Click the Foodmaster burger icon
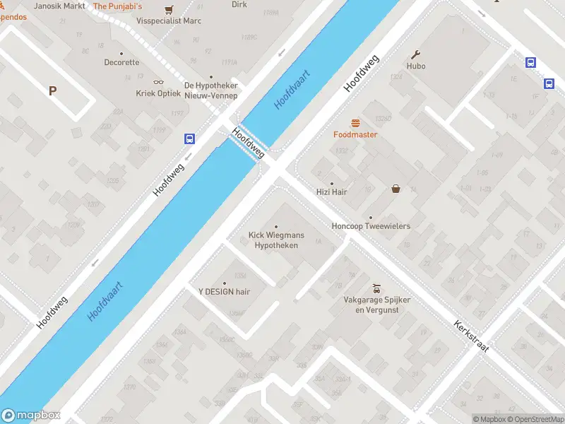point(355,122)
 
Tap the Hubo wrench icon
point(416,54)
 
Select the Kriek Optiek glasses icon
point(158,82)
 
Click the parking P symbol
point(52,90)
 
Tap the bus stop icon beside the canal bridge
point(189,139)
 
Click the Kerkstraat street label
point(472,337)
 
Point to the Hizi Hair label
point(332,192)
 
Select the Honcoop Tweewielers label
point(371,226)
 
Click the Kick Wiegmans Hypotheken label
point(276,240)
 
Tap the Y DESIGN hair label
point(224,291)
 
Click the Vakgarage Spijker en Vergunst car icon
point(376,288)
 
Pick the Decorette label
point(121,62)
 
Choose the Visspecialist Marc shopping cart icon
point(168,10)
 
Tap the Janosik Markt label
point(60,6)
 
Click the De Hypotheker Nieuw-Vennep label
point(210,90)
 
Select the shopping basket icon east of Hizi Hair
point(396,189)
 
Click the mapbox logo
point(31,416)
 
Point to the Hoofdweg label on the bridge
point(249,143)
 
